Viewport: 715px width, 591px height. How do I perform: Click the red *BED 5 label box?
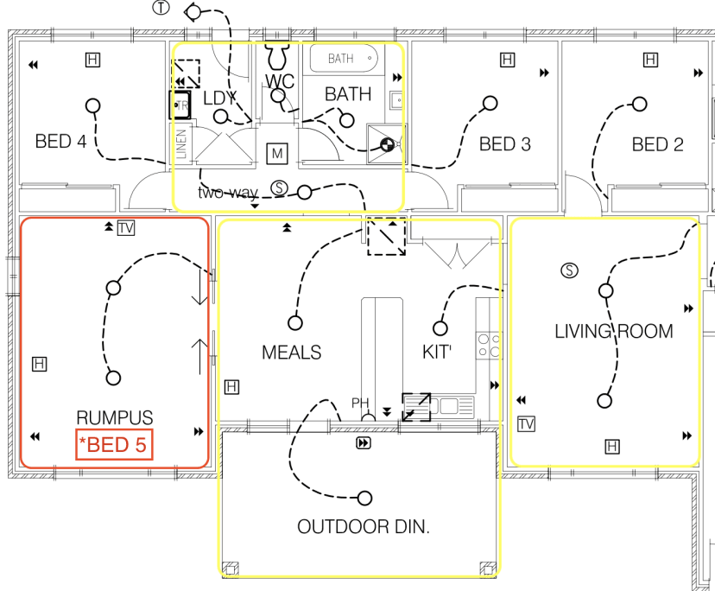(114, 446)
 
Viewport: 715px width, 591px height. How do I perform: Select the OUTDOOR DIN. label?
(363, 527)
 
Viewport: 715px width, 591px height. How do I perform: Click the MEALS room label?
(292, 353)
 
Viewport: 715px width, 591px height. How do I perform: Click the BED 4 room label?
(60, 142)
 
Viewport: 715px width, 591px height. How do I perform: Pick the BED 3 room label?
(505, 144)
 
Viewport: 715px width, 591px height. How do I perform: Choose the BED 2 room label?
(657, 144)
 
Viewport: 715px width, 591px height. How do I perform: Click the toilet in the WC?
(278, 57)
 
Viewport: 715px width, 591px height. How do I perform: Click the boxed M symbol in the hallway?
(278, 154)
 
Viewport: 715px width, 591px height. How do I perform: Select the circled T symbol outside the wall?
(161, 8)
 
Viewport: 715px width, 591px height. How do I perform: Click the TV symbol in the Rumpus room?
(127, 228)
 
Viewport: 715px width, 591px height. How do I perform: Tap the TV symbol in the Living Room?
(527, 423)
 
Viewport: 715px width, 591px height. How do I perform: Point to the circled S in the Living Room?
(568, 270)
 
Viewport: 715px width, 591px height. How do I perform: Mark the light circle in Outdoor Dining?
(365, 499)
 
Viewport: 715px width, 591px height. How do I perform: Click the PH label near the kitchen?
(359, 404)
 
